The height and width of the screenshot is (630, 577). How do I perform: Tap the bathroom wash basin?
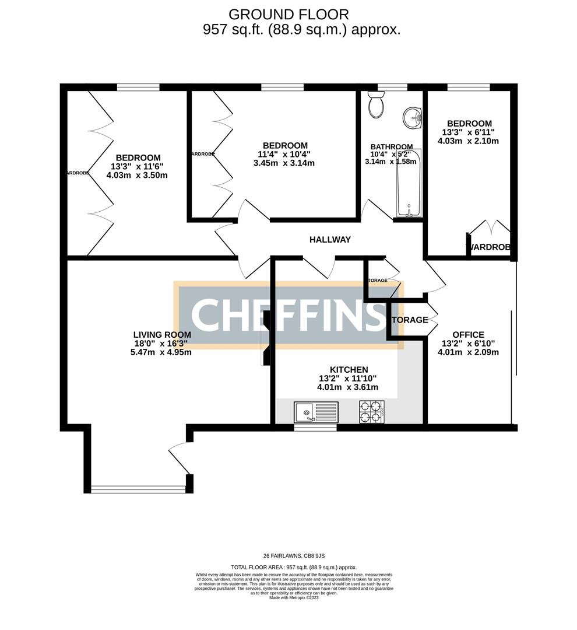413,117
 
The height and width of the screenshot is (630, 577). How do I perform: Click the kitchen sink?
315,412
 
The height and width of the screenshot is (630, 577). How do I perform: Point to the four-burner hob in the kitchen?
372,412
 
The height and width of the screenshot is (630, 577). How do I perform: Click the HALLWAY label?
330,239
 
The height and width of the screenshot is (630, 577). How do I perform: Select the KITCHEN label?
349,370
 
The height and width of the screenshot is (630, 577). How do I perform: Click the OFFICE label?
468,335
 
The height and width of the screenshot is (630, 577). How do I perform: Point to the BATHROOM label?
392,147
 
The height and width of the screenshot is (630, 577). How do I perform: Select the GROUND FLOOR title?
288,14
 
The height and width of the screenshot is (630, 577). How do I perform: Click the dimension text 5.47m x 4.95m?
161,352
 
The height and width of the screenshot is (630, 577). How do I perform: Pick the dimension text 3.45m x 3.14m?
285,163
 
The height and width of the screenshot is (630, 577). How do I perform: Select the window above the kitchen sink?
315,428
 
